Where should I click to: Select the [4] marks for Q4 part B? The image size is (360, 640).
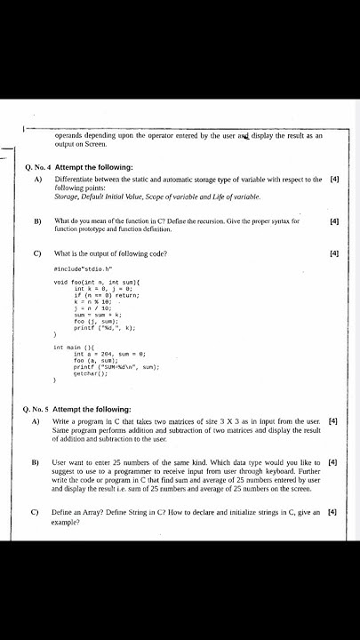334,220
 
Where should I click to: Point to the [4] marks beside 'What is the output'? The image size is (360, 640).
334,253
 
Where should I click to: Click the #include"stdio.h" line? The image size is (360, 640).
83,268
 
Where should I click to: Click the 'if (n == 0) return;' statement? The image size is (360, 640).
108,295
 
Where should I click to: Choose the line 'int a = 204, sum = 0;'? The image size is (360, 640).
112,354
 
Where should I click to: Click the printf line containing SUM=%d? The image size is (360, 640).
116,368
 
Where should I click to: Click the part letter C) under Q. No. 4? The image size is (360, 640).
37,253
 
